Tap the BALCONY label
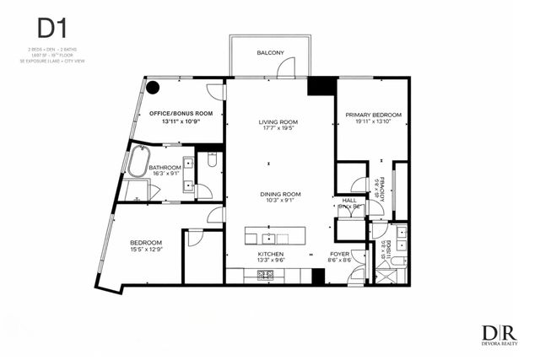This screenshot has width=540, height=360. pyautogui.click(x=270, y=53)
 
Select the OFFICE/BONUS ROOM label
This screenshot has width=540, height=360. pyautogui.click(x=181, y=113)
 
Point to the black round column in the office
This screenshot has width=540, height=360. pyautogui.click(x=154, y=86)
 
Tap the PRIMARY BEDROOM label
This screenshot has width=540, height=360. pyautogui.click(x=373, y=114)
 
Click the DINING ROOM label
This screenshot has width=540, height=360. pyautogui.click(x=279, y=193)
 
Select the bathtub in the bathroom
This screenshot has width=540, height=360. pyautogui.click(x=137, y=161)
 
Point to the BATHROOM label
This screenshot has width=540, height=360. pyautogui.click(x=165, y=168)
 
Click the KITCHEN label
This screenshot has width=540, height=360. pyautogui.click(x=271, y=254)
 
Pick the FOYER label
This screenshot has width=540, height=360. pyautogui.click(x=340, y=254)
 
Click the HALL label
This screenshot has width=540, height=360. pyautogui.click(x=348, y=199)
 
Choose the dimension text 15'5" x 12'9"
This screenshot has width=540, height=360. pyautogui.click(x=145, y=250)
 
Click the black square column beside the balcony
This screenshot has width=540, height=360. pyautogui.click(x=320, y=86)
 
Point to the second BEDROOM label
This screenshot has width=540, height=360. pyautogui.click(x=145, y=241)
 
